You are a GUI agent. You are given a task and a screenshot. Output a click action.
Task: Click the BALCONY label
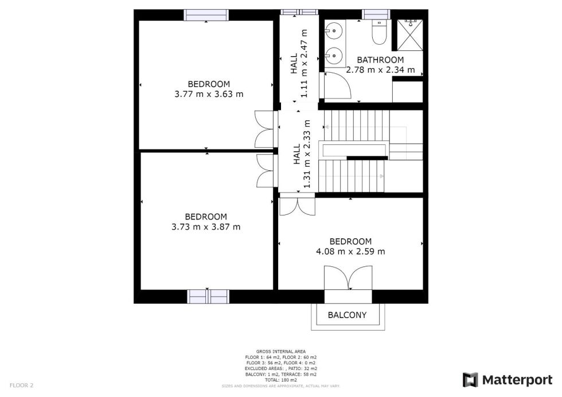point(347,315)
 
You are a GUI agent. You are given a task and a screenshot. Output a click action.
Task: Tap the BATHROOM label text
point(380,60)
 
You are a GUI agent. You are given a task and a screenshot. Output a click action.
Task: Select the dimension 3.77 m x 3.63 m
point(209,94)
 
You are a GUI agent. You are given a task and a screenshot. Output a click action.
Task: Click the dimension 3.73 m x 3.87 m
point(206,226)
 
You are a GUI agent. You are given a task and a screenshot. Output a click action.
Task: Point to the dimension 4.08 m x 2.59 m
point(350,251)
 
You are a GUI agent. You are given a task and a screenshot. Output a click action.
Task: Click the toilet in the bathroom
point(378,34)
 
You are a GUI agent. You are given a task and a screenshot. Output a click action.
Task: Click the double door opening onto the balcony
point(348,280)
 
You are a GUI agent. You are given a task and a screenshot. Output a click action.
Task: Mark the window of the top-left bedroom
point(206,15)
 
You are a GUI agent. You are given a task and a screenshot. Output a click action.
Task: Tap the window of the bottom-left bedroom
point(208,296)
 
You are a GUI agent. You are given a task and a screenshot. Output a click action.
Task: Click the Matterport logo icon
point(470,380)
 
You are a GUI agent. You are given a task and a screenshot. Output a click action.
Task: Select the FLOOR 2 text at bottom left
point(22,386)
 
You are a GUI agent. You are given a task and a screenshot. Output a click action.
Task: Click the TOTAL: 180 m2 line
point(280,380)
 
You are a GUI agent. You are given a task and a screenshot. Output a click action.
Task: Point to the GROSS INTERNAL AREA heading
point(280,351)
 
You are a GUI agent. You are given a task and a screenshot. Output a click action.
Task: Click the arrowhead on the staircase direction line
point(381,176)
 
